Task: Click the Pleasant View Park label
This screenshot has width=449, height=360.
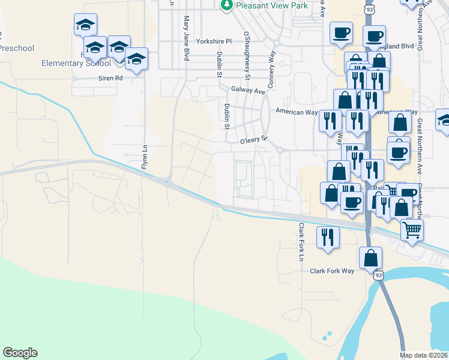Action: [x=272, y=5]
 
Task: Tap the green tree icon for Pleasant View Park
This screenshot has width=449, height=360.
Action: [x=227, y=5]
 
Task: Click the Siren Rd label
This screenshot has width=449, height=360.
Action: [x=110, y=78]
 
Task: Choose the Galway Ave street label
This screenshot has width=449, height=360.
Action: [x=248, y=91]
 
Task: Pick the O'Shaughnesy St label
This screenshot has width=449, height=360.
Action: [x=247, y=55]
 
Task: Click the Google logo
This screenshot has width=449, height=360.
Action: [x=20, y=353]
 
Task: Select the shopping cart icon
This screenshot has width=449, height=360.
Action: [x=412, y=229]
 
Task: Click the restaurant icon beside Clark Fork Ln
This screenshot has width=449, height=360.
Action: [x=327, y=235]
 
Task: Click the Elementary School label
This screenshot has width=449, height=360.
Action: [x=76, y=62]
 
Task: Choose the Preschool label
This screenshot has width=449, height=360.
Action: [x=17, y=48]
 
